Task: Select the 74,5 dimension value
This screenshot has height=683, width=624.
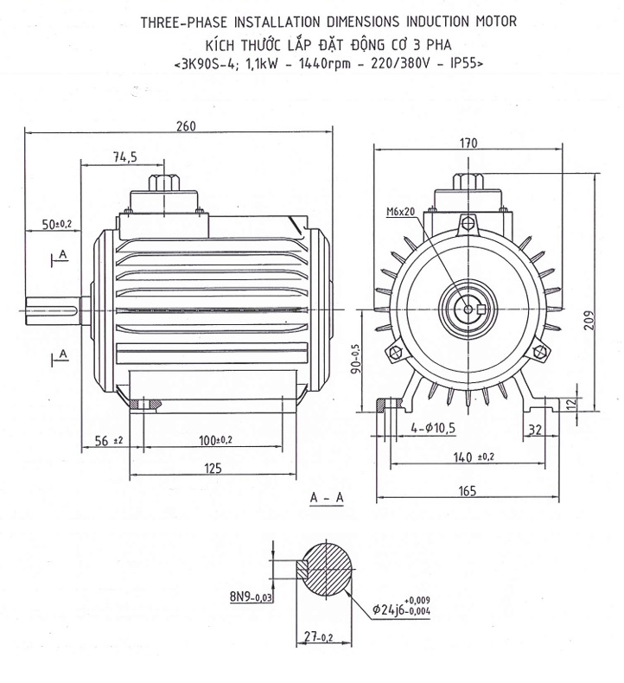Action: tap(124, 156)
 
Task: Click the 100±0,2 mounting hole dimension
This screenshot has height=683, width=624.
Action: tap(216, 441)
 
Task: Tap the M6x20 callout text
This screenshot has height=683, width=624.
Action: tap(400, 212)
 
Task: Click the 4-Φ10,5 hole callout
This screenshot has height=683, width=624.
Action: tap(432, 427)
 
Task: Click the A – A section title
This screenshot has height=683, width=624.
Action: tap(326, 497)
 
